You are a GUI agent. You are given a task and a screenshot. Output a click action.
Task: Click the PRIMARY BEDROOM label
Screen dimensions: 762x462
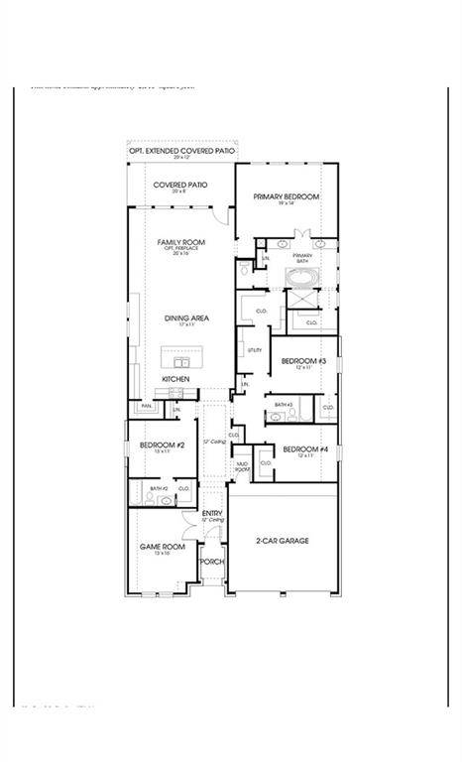point(286,197)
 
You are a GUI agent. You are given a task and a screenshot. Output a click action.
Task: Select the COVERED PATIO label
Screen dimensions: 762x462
point(179,185)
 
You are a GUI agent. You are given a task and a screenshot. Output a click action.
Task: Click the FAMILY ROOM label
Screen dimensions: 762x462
point(180,242)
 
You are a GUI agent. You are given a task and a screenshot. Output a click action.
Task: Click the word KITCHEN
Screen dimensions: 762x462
point(176,379)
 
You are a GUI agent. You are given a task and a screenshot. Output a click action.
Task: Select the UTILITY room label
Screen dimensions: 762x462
point(255,350)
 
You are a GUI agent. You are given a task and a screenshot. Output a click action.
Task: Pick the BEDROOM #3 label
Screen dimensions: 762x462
point(296,361)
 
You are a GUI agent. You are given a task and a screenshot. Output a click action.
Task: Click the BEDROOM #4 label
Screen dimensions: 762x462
point(298,449)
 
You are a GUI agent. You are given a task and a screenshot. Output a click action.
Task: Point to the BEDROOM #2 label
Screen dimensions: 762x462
point(157,445)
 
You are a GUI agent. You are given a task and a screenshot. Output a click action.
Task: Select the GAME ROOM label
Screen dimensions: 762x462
point(162,547)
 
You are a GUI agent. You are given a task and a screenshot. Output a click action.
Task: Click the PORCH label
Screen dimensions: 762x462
point(211,562)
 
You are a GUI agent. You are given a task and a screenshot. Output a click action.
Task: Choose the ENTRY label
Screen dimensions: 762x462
point(212,513)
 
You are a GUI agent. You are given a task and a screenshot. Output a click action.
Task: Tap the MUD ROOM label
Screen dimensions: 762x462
point(241,464)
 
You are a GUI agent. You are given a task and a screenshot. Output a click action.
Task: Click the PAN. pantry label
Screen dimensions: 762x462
point(146,406)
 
